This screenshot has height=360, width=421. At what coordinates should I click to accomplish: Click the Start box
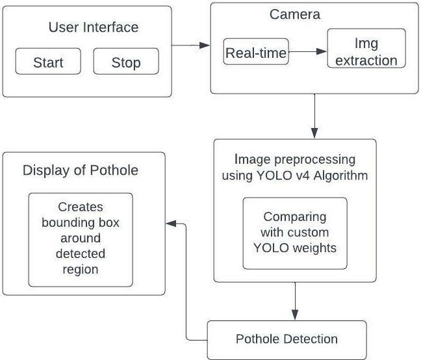coord(48,61)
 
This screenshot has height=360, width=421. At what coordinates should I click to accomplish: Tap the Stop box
coord(126,61)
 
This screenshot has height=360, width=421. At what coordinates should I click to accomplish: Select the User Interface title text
coord(94,27)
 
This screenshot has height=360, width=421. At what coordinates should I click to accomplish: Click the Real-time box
coord(256,51)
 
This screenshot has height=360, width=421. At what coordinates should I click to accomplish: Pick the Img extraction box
coord(366,48)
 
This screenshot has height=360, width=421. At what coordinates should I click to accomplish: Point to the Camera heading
coord(295,14)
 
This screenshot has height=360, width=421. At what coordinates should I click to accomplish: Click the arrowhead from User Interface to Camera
coord(205,45)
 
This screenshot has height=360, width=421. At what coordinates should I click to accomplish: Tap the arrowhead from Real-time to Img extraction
coord(322,51)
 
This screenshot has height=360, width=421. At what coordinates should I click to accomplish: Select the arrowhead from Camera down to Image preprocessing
coord(314,133)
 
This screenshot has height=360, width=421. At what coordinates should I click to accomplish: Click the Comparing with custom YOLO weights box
coord(295,233)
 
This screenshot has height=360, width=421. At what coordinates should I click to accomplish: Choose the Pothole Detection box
coord(287,340)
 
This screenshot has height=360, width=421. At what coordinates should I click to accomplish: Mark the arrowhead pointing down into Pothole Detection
coord(295,315)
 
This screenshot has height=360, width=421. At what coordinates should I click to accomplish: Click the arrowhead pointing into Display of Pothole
coord(171,224)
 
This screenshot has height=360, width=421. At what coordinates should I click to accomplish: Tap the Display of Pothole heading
coord(81,170)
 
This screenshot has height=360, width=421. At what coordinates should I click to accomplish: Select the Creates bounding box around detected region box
coord(81,240)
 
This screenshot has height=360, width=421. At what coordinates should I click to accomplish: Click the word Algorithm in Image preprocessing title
coord(340,176)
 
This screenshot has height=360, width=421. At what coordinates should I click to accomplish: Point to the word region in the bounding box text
coord(81,270)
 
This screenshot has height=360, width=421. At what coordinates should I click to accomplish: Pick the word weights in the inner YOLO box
coord(314,248)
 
